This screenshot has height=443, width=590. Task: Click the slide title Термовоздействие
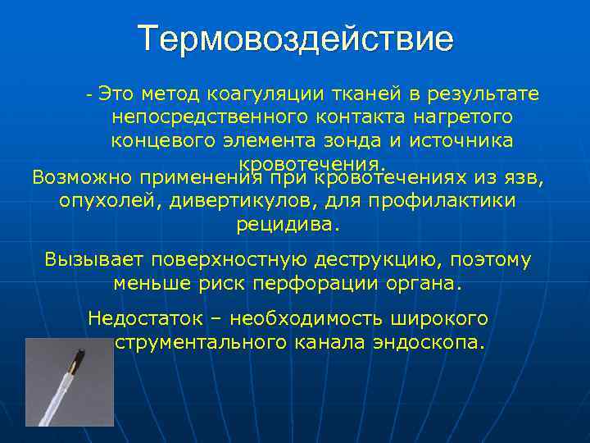[295, 39]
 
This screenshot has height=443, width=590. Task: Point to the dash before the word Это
[89, 95]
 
